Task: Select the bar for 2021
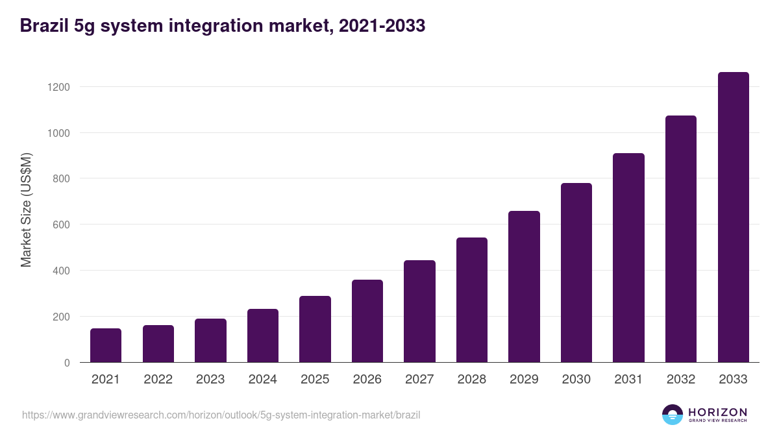pos(106,345)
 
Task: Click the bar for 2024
pos(263,335)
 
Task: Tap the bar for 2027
pos(419,311)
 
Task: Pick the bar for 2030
pos(576,273)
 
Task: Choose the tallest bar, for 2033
pos(733,217)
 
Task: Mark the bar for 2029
pos(524,287)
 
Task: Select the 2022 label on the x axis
pos(158,380)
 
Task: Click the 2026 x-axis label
pos(367,380)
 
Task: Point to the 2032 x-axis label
pos(681,380)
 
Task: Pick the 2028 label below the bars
pos(472,380)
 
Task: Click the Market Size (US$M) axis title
pos(26,209)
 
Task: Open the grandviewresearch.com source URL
pos(221,415)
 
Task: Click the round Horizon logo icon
pos(673,415)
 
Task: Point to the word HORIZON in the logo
pos(717,411)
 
